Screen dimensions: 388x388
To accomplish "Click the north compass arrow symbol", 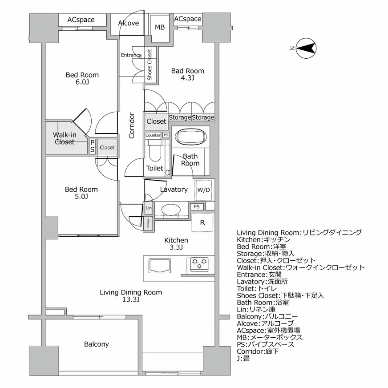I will coord(306,48).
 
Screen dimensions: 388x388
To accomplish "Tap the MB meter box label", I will coord(159,28).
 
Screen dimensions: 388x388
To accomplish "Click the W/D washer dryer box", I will coord(204,190).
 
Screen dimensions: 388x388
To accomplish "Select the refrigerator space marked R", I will coord(202,222).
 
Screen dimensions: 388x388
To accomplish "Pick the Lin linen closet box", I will coord(148,208).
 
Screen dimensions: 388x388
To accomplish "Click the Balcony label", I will coord(96,344).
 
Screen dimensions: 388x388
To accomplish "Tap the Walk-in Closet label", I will coord(64,138).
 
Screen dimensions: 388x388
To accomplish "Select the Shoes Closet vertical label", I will coord(150,65).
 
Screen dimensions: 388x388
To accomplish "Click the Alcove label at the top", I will coord(129,23).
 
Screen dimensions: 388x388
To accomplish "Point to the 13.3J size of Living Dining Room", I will coord(131,300).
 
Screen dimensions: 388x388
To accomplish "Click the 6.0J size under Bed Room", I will coord(82,82).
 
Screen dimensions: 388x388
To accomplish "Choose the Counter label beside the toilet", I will coord(153,135).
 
